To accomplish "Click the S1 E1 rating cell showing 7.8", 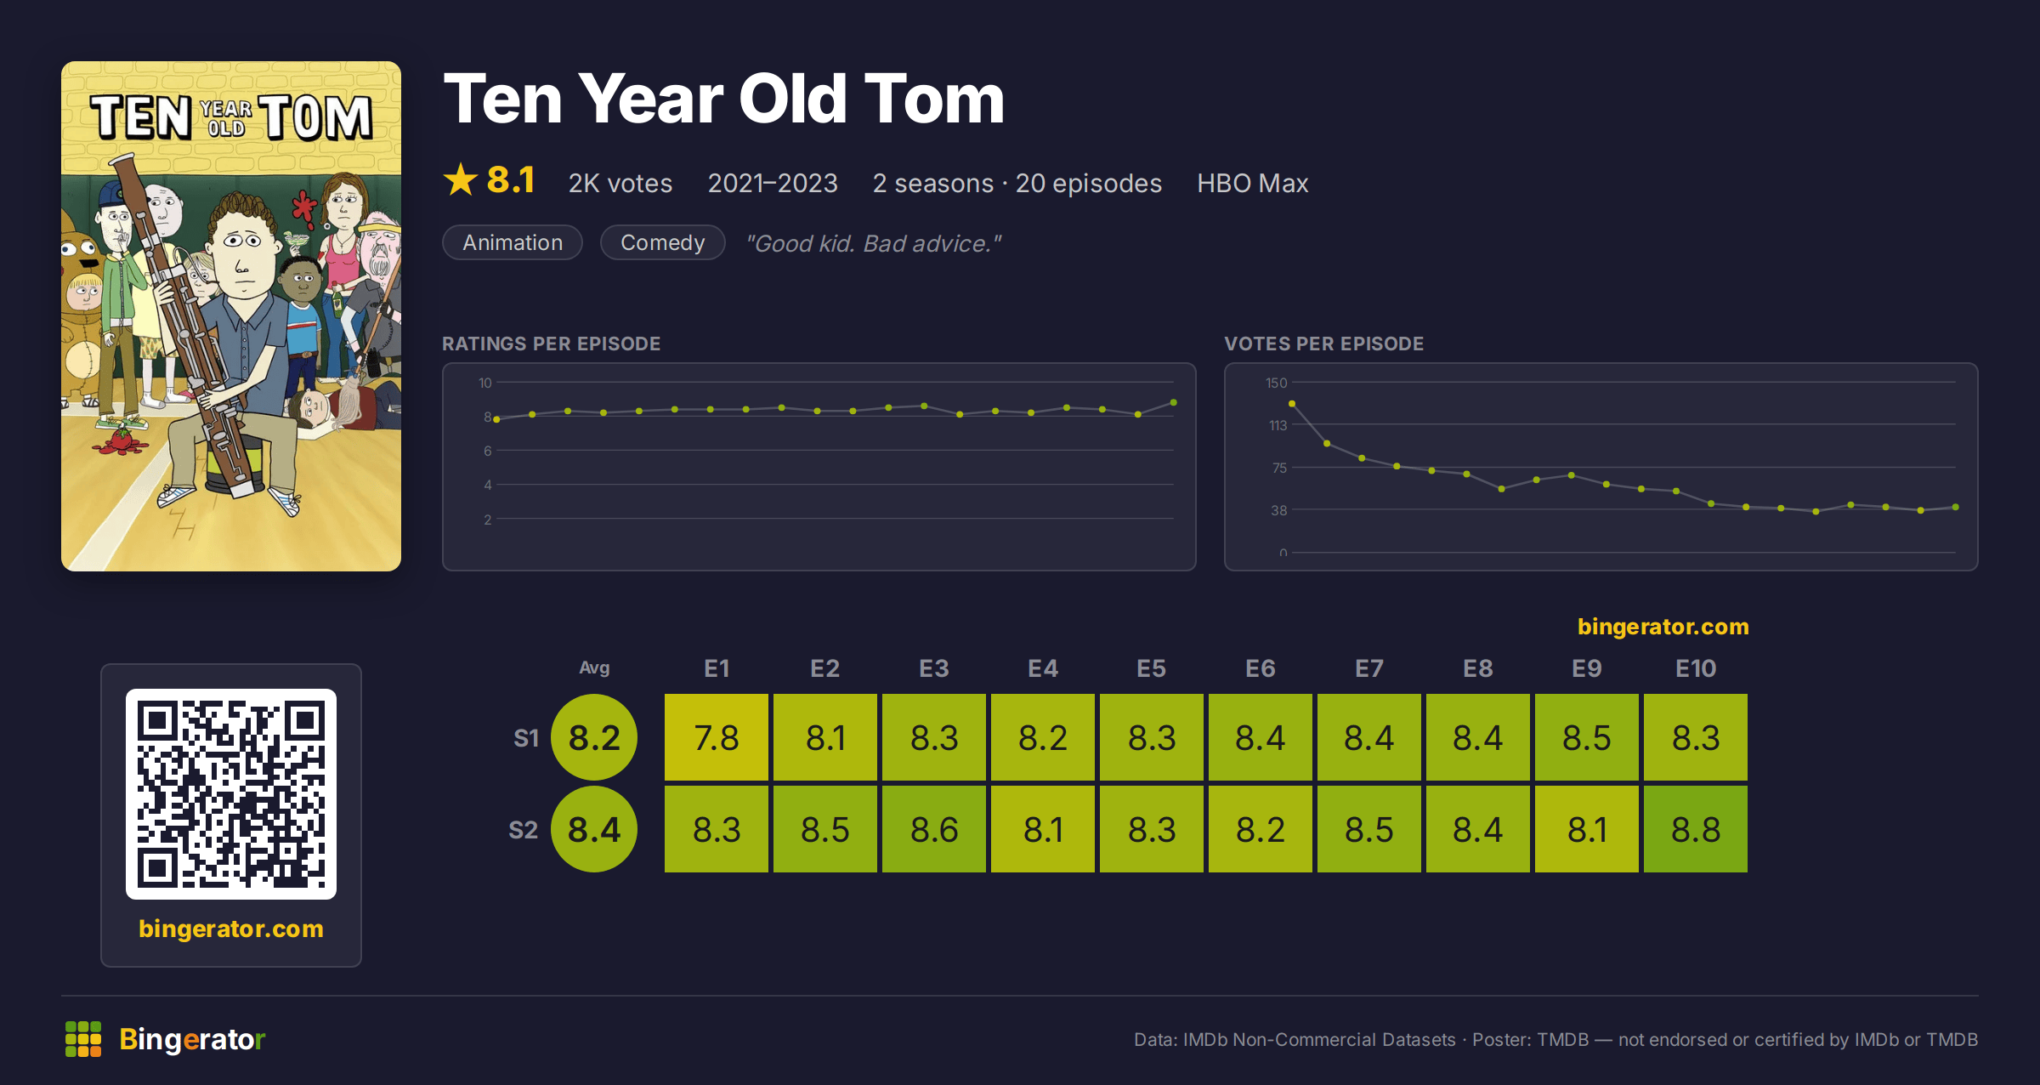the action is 716,737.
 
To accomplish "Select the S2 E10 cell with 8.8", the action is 1695,829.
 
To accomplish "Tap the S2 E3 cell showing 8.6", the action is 933,829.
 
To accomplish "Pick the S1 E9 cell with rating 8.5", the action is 1586,737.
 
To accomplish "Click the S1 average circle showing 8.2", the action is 594,737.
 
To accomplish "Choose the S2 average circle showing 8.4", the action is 594,829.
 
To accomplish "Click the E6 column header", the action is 1260,668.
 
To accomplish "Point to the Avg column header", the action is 594,668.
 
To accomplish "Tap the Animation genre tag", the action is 513,242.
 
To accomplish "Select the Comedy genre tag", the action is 663,242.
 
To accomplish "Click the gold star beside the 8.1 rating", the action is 461,179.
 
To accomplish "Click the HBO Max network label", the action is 1252,183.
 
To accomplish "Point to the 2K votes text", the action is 620,183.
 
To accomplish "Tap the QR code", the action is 231,794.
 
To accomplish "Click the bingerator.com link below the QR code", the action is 231,929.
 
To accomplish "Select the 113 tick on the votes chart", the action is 1278,425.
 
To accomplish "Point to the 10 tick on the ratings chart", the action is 485,383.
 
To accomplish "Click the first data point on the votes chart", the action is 1292,404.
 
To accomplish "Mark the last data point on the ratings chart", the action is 1174,402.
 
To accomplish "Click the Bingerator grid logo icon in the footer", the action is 83,1039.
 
